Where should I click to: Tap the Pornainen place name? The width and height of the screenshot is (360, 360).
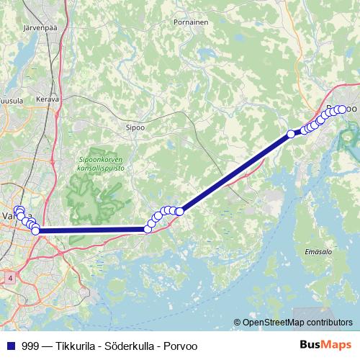tap(191, 22)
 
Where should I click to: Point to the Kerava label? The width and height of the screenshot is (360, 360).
tap(48, 99)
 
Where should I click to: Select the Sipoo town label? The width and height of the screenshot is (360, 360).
tap(135, 125)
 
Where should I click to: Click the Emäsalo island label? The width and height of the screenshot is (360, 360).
tap(318, 252)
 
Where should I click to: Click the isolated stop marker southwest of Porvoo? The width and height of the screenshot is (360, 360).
tap(291, 133)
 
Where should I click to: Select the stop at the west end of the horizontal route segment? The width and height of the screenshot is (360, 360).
tap(36, 230)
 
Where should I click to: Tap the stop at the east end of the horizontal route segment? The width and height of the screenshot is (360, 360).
tap(148, 229)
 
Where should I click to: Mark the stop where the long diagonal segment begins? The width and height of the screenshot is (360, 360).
tap(180, 211)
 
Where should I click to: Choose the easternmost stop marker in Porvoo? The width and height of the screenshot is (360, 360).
tap(343, 109)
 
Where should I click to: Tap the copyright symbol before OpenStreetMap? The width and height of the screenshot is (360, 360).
tap(237, 323)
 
